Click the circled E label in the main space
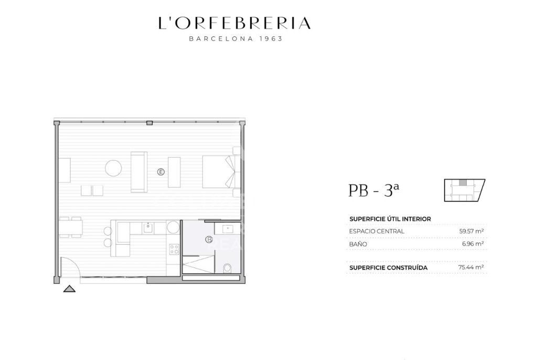[160, 172]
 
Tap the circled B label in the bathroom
[209, 239]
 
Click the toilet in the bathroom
[228, 268]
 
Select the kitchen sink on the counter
[148, 227]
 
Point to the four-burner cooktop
[174, 249]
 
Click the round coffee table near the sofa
[113, 168]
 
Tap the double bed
[221, 172]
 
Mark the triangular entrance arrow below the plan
[69, 289]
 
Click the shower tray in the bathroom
[199, 264]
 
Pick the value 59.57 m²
[471, 231]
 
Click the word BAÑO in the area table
[358, 244]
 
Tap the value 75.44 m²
[471, 267]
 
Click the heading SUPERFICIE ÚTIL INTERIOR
[390, 219]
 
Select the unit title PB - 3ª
[373, 190]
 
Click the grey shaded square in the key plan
[462, 183]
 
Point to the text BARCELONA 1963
[236, 39]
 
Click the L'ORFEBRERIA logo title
[234, 23]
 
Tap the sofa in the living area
[139, 172]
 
